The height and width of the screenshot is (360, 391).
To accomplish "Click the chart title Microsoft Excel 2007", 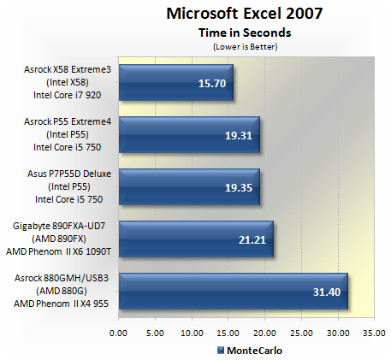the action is tap(245, 14).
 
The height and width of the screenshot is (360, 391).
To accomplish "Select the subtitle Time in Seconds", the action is tap(245, 32).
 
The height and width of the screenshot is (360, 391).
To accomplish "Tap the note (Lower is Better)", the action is tap(246, 46).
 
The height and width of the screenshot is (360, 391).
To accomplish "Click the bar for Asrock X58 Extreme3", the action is tap(176, 82).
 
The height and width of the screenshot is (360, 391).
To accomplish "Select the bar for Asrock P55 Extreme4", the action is tap(189, 134).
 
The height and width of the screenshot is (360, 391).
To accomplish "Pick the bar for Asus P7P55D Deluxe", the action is tap(189, 186).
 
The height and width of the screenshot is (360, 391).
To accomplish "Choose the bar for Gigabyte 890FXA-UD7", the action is tap(196, 239).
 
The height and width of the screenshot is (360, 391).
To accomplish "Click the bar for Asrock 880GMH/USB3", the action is tap(234, 291).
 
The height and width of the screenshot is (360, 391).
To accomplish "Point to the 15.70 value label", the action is tap(212, 84).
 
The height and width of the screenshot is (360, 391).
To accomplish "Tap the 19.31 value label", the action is tap(239, 136).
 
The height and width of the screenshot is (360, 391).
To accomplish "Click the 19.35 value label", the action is tap(239, 188).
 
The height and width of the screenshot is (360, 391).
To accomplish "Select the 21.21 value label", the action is tap(252, 240).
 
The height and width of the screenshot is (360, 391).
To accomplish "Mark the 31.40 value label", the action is tap(327, 292).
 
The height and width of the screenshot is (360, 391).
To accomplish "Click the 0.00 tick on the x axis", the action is tap(118, 333).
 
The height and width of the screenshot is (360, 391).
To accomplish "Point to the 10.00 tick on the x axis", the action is tap(192, 333).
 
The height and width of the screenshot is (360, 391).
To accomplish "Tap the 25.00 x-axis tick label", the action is tap(302, 333).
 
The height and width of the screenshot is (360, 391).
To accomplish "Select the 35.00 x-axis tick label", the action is tap(374, 333).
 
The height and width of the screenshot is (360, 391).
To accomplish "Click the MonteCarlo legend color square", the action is tap(221, 351).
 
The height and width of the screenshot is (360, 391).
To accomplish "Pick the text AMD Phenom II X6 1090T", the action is tap(58, 251).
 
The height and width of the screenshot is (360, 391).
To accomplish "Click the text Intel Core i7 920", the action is tap(68, 95).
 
